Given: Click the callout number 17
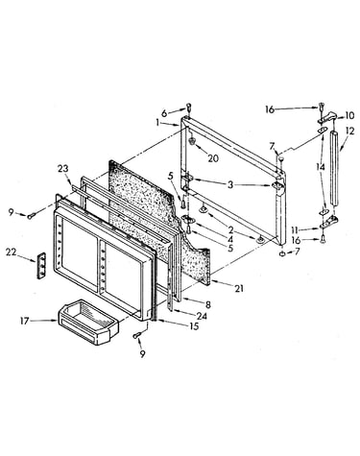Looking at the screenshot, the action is pyautogui.click(x=25, y=321).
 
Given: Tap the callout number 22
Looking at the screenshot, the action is pyautogui.click(x=11, y=252).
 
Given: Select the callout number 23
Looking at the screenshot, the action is pyautogui.click(x=63, y=169).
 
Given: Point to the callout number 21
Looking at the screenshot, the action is pyautogui.click(x=239, y=289).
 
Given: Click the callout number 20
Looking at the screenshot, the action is pyautogui.click(x=213, y=158).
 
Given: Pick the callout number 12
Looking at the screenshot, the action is pyautogui.click(x=350, y=131).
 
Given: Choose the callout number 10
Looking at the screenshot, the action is pyautogui.click(x=349, y=115).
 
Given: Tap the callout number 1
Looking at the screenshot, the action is pyautogui.click(x=157, y=122).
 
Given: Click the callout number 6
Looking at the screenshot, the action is pyautogui.click(x=164, y=113).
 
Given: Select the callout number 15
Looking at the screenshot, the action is pyautogui.click(x=194, y=326).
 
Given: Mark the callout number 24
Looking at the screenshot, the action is pyautogui.click(x=202, y=316).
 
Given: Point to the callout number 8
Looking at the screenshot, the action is pyautogui.click(x=208, y=305).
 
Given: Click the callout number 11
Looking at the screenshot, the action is pyautogui.click(x=296, y=229).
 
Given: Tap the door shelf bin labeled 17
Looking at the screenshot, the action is pyautogui.click(x=88, y=322).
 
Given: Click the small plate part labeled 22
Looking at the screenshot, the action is pyautogui.click(x=41, y=266).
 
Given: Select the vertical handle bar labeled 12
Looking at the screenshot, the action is pyautogui.click(x=334, y=167).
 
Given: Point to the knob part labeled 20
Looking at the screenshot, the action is pyautogui.click(x=192, y=140).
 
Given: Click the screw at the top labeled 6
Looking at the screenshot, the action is pyautogui.click(x=189, y=108).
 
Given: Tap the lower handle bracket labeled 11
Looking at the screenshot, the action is pyautogui.click(x=328, y=222).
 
